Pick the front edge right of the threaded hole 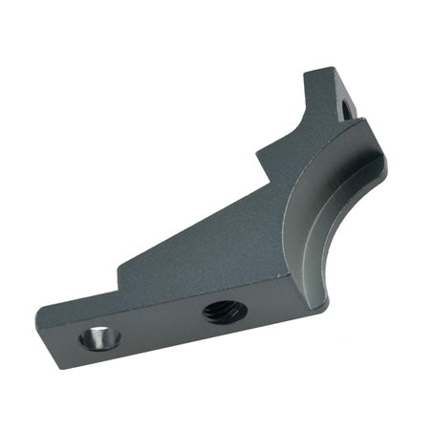[x=272, y=304]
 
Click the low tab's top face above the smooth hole [x=81, y=311]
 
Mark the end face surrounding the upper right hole [x=348, y=96]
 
